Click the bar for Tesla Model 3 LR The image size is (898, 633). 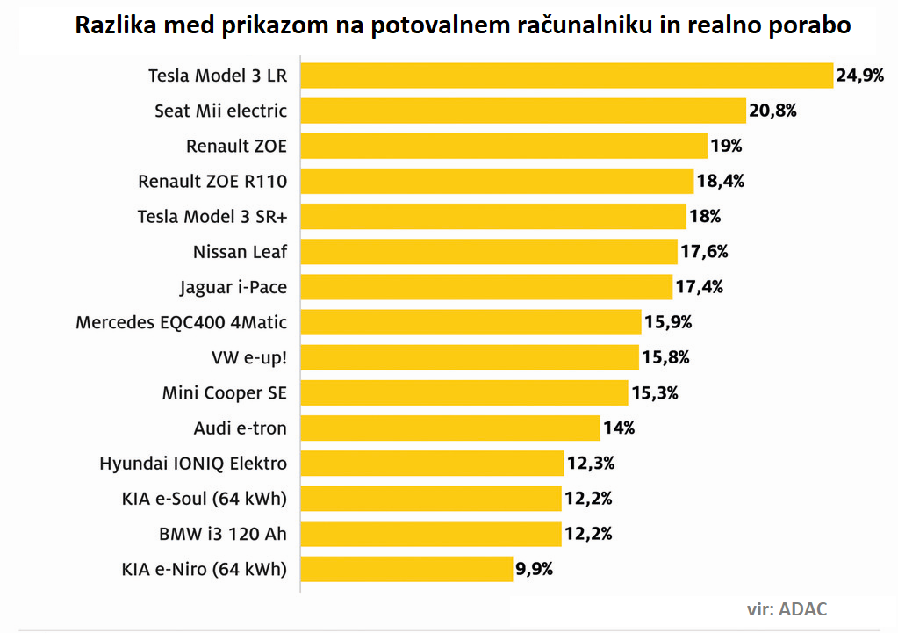tap(566, 76)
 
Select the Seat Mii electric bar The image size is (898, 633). tap(523, 111)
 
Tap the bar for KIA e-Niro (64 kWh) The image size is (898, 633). tap(406, 569)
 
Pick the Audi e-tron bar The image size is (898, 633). tap(450, 428)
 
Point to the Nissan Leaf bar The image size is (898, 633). tap(489, 252)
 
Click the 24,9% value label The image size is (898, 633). tap(859, 76)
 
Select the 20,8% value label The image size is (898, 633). tap(772, 111)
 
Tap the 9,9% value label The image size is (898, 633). tap(534, 569)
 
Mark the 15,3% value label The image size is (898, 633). tap(655, 392)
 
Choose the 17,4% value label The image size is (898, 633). tap(699, 287)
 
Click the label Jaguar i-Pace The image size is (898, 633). tap(233, 287)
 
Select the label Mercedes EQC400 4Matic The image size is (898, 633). tap(182, 322)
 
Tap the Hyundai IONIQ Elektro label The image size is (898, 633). tap(193, 463)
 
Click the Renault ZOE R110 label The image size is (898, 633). tap(212, 182)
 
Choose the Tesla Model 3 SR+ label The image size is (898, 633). tap(212, 217)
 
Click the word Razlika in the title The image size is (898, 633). tap(111, 25)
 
